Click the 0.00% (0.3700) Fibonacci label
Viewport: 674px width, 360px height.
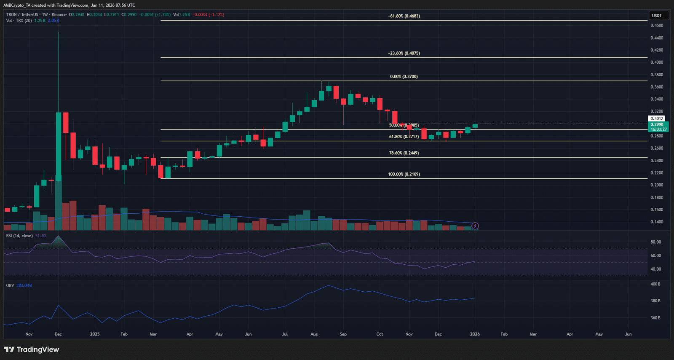coord(404,77)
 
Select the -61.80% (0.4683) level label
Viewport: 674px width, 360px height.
coord(404,16)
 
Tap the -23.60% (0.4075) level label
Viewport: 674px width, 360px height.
coord(404,54)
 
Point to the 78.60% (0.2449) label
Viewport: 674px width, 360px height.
coord(404,153)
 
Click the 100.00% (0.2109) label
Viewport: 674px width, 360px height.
coord(404,174)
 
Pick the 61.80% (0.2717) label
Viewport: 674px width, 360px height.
coord(404,137)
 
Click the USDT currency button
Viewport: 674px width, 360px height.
coord(657,16)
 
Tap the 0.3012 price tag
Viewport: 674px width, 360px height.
coord(657,119)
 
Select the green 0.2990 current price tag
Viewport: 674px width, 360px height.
coord(657,125)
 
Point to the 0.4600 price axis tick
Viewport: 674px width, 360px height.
coord(657,25)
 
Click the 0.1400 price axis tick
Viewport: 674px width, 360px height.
coord(657,222)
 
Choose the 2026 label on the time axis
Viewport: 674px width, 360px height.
coord(475,334)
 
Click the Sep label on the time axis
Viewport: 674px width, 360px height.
coord(343,334)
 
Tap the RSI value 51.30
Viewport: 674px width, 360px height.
coord(40,236)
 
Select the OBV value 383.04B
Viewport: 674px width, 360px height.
coord(24,286)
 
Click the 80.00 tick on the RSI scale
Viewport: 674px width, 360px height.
coord(655,242)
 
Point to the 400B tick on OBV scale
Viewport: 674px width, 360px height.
coord(655,284)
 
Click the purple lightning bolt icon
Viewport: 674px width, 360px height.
coord(475,226)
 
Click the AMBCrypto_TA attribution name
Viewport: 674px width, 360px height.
coord(17,5)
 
